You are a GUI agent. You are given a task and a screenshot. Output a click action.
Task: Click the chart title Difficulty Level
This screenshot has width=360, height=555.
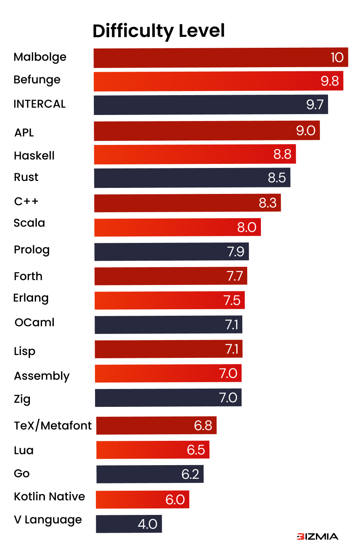coord(159,31)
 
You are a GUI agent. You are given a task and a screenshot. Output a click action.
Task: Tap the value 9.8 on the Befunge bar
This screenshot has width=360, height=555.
coord(330,81)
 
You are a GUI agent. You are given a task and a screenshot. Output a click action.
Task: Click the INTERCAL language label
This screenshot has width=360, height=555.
coord(39,104)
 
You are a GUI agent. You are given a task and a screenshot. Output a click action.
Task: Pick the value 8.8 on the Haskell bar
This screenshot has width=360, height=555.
coord(282,154)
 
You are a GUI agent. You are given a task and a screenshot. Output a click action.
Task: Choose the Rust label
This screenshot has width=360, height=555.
coord(26,177)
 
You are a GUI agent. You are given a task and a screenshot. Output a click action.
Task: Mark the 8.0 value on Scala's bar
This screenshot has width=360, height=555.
coord(247,227)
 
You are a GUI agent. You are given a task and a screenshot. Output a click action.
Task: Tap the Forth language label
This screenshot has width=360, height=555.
coord(28,276)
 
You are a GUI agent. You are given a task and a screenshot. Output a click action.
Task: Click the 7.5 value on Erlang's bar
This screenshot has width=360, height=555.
coord(232,300)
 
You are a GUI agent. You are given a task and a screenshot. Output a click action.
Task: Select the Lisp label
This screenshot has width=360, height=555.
coord(25,351)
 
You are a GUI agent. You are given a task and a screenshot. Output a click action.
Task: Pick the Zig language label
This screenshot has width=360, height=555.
coord(22,399)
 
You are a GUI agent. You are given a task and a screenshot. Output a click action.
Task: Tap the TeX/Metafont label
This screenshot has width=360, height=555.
coord(53,426)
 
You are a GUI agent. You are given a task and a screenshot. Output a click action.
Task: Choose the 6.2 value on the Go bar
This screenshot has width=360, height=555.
coord(191,474)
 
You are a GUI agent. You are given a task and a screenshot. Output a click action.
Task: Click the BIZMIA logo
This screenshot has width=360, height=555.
coord(317,537)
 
